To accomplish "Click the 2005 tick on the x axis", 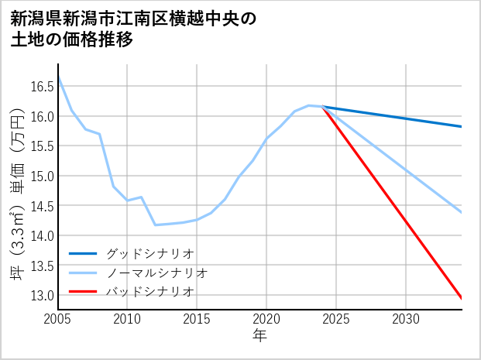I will click(58, 319).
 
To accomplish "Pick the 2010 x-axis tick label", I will click(128, 319).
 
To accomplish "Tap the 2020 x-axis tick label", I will click(266, 319).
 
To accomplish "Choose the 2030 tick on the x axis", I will click(406, 319).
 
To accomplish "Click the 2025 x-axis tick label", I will click(336, 319).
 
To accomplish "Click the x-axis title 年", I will click(259, 336).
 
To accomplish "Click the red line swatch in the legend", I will click(84, 292).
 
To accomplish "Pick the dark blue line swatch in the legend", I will click(84, 253).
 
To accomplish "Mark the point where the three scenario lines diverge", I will click(322, 107).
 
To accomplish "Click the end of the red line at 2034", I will click(462, 299).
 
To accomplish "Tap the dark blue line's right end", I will click(462, 126).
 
